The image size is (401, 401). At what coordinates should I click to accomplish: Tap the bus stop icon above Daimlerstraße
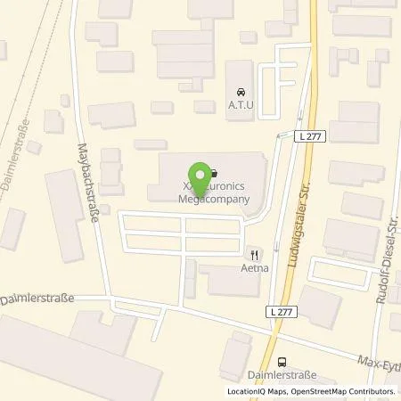pos(282,362)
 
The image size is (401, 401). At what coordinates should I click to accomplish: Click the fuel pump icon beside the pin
pos(215,173)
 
